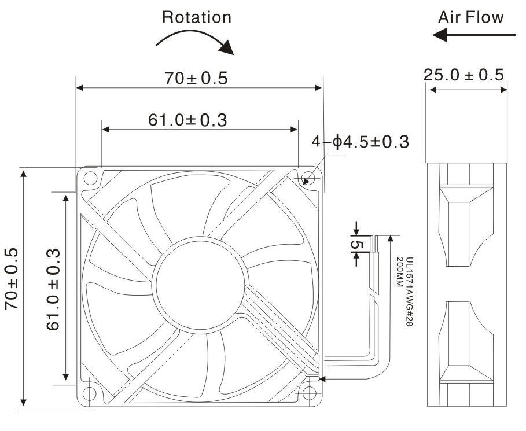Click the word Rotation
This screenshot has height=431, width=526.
point(197,17)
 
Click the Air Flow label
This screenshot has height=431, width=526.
point(470,17)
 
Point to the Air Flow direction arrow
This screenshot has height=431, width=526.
point(474,35)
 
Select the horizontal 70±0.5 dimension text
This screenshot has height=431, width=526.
point(196,78)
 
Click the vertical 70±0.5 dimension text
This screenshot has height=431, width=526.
point(11,279)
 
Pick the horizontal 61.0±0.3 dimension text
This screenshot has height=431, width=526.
point(187,120)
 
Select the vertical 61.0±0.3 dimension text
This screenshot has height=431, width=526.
point(53,289)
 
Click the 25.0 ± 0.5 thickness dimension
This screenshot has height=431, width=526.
point(464,75)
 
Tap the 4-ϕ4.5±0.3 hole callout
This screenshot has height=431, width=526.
point(361,142)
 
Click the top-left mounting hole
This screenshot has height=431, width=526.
point(90,178)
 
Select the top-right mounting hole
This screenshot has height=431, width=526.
point(308,178)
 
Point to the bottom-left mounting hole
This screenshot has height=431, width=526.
point(89,393)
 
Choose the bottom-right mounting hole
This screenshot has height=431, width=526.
point(309,393)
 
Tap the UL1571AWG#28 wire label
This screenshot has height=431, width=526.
point(409,292)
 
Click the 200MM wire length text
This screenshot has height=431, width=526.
point(399,272)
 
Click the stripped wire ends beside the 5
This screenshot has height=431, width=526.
point(374,244)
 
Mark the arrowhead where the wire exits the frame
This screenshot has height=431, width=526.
point(322,379)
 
